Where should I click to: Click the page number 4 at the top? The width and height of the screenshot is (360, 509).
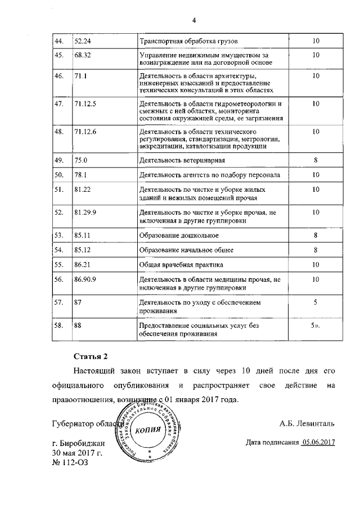coord(193,21)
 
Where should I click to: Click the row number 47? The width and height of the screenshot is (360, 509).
coord(58,104)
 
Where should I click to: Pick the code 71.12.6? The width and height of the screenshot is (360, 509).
coord(85,132)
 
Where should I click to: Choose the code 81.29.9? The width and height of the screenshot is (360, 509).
coord(85,213)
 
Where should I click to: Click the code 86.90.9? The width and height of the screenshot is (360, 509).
coord(85,278)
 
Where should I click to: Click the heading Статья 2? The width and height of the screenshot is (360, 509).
coord(90,357)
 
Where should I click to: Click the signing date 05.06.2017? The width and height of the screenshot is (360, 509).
coord(318,442)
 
